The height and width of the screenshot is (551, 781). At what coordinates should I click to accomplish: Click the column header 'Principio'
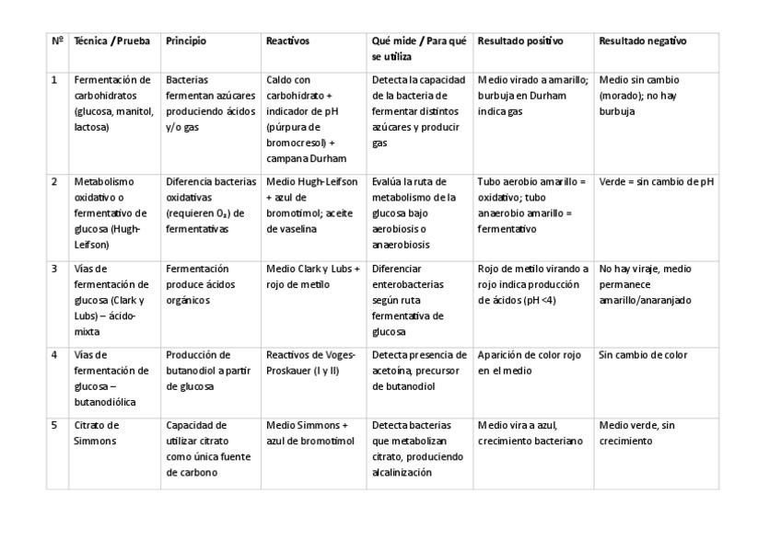[x=186, y=41]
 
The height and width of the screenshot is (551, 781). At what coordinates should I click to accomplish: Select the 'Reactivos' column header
[x=287, y=41]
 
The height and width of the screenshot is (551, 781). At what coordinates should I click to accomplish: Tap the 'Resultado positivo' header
[x=520, y=41]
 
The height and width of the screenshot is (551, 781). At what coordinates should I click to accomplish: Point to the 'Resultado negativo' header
[x=642, y=41]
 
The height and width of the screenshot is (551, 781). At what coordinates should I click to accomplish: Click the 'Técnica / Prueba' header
[x=111, y=41]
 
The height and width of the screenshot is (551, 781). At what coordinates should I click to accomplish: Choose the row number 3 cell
[x=54, y=269]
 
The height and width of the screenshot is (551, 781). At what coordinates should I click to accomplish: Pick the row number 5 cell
[x=54, y=425]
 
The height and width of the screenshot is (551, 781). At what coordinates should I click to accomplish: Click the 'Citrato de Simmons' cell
[x=98, y=433]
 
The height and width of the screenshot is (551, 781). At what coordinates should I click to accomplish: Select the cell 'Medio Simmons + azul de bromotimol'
[x=309, y=433]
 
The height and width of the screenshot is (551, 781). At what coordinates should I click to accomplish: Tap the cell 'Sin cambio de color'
[x=643, y=355]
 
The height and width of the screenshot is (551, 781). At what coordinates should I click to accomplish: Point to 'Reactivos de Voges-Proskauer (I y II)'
[x=309, y=362]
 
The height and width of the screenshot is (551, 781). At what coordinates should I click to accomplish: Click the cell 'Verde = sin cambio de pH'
[x=656, y=182]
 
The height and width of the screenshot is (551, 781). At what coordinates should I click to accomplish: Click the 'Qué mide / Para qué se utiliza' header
[x=419, y=49]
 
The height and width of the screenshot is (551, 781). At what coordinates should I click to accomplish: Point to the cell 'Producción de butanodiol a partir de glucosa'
[x=203, y=371]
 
